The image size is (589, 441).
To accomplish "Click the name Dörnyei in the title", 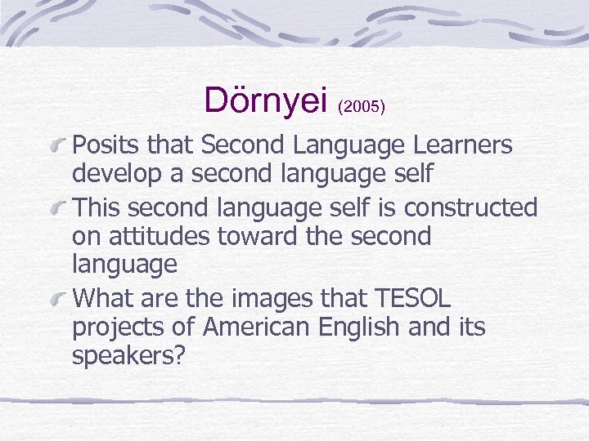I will click(266, 99).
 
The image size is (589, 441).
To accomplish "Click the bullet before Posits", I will click(61, 145).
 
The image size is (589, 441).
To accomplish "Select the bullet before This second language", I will click(61, 207).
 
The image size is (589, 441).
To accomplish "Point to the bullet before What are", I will click(61, 297).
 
